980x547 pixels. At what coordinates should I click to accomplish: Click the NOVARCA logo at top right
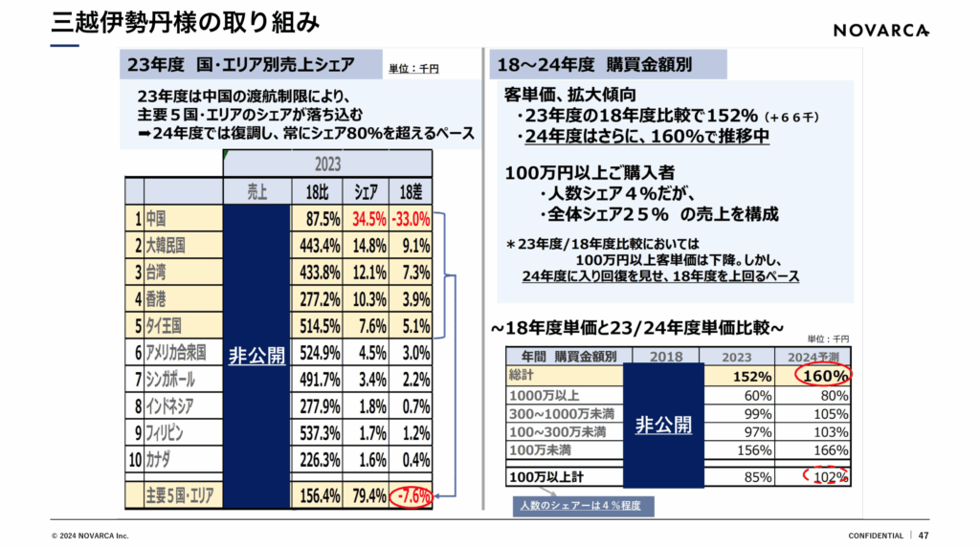pos(881,30)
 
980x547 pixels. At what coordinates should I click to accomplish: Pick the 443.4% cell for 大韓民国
pos(316,246)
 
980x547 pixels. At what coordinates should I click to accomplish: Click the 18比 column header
pos(316,190)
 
